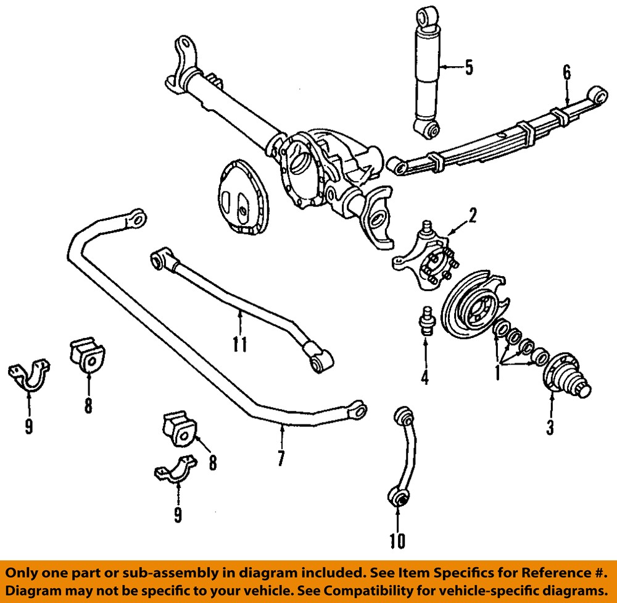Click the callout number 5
pyautogui.click(x=469, y=67)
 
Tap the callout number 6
pyautogui.click(x=566, y=72)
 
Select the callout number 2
pyautogui.click(x=473, y=216)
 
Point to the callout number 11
pyautogui.click(x=240, y=344)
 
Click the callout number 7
pyautogui.click(x=281, y=458)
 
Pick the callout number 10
pyautogui.click(x=398, y=541)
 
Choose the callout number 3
pyautogui.click(x=550, y=427)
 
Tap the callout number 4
pyautogui.click(x=424, y=376)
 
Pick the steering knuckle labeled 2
pyautogui.click(x=426, y=259)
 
